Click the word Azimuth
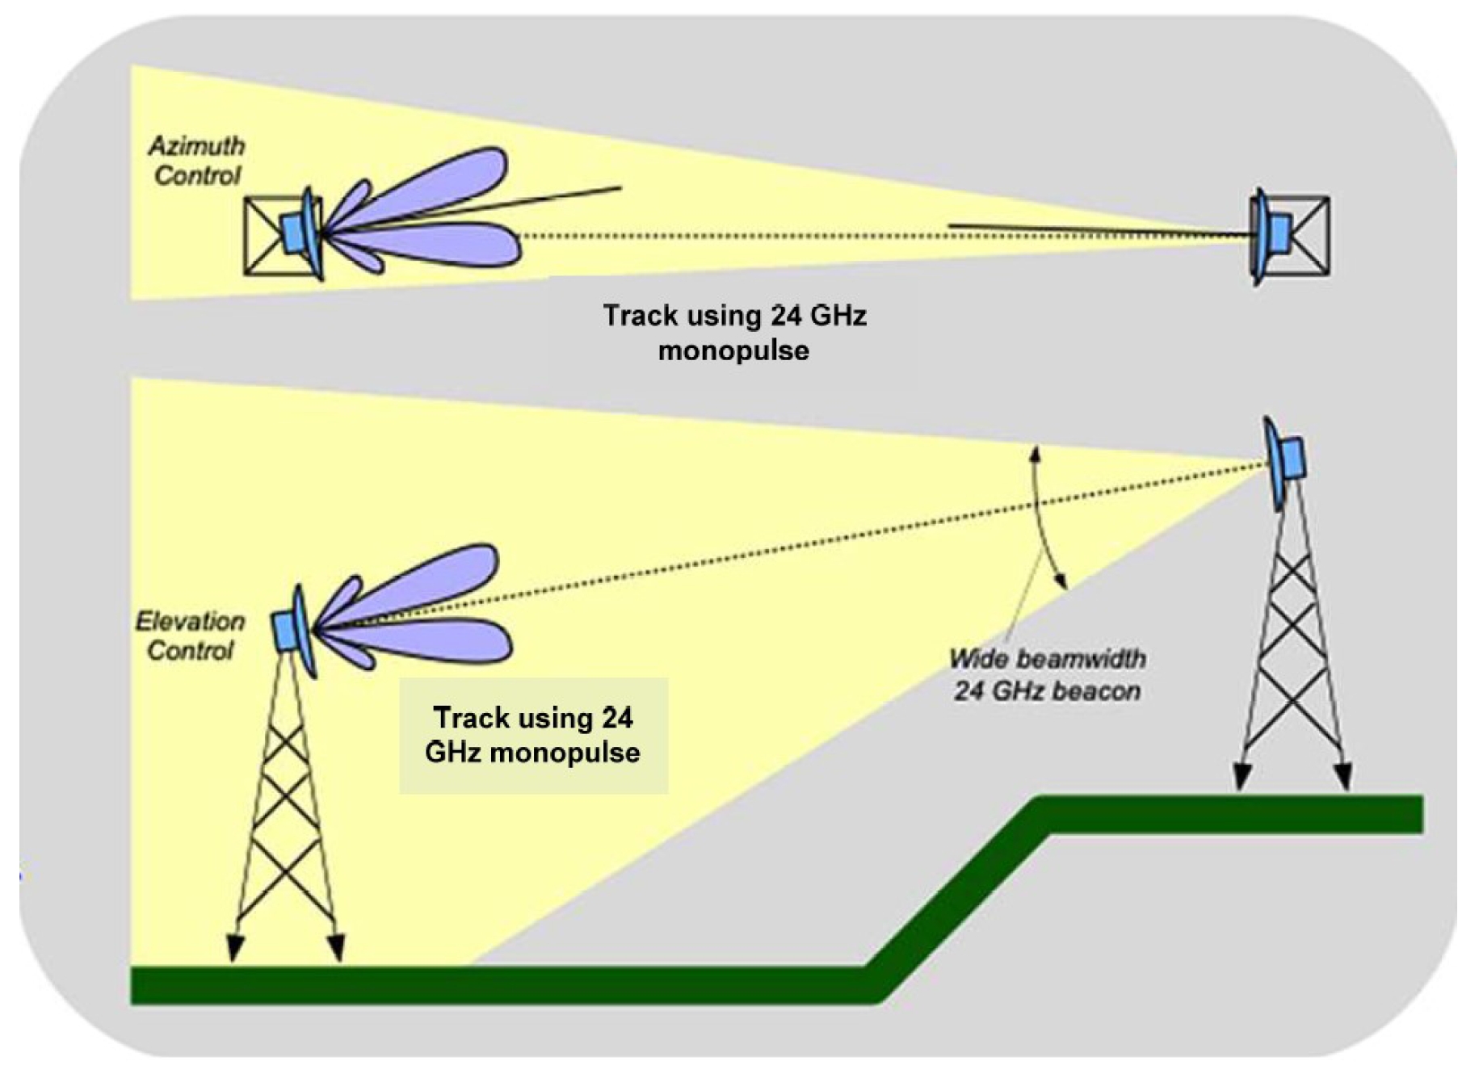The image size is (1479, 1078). pyautogui.click(x=196, y=146)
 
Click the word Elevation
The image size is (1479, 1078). pyautogui.click(x=190, y=621)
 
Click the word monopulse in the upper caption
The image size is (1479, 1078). pyautogui.click(x=733, y=350)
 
